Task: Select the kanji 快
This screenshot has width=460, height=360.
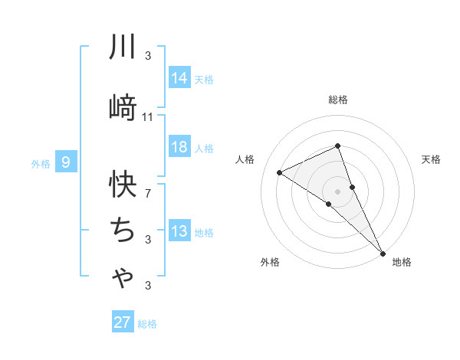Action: pyautogui.click(x=123, y=183)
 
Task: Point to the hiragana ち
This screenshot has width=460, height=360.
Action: pyautogui.click(x=123, y=229)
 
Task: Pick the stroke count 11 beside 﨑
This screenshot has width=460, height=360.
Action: pyautogui.click(x=148, y=117)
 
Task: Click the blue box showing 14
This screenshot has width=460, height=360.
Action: pyautogui.click(x=179, y=78)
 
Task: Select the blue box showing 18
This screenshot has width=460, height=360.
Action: pyautogui.click(x=179, y=147)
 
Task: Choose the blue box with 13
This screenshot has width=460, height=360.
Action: pyautogui.click(x=179, y=231)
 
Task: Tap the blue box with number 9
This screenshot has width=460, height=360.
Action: pyautogui.click(x=66, y=162)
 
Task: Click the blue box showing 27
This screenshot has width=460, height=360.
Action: pyautogui.click(x=122, y=322)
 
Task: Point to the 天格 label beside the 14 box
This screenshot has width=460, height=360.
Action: pyautogui.click(x=204, y=79)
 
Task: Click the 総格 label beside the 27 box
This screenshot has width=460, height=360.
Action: pyautogui.click(x=147, y=324)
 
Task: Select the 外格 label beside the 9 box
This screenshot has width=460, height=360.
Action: pyautogui.click(x=40, y=163)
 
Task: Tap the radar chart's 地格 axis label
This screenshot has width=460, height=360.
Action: pyautogui.click(x=402, y=262)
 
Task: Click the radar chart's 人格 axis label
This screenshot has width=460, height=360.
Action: pyautogui.click(x=245, y=159)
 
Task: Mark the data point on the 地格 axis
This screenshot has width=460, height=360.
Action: pyautogui.click(x=382, y=252)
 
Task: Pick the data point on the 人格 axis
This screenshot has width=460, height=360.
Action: pyautogui.click(x=280, y=172)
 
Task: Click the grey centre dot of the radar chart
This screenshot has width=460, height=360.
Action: pyautogui.click(x=337, y=191)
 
